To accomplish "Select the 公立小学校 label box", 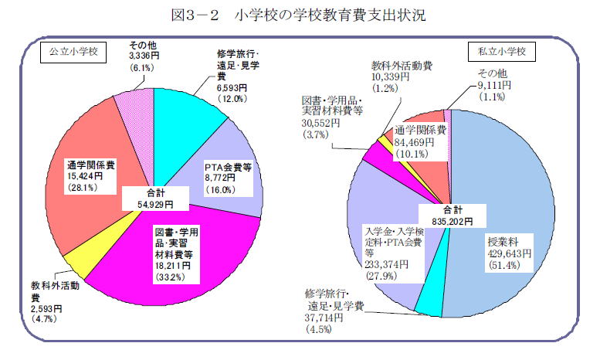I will click(70, 53).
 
